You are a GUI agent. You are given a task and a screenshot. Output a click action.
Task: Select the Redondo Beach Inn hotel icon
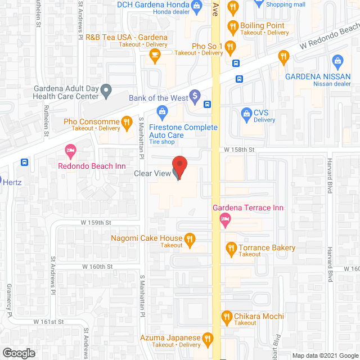70,150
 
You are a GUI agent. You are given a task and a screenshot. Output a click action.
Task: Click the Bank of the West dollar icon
195,97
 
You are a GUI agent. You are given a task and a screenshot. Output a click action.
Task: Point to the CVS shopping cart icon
246,114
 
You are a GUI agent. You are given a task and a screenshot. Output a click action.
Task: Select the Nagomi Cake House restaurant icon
190,241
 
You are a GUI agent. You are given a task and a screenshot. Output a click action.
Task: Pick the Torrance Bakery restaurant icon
231,247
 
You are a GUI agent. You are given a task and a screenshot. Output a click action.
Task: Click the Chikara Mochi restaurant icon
227,317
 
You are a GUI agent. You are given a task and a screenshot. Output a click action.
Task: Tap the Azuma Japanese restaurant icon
208,339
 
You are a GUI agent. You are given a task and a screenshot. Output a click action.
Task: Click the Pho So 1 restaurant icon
229,47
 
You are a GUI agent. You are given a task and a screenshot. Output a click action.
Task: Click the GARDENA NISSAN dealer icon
337,61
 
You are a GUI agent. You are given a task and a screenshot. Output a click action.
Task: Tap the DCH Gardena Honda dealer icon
196,7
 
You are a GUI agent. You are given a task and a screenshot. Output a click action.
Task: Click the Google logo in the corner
18,353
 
